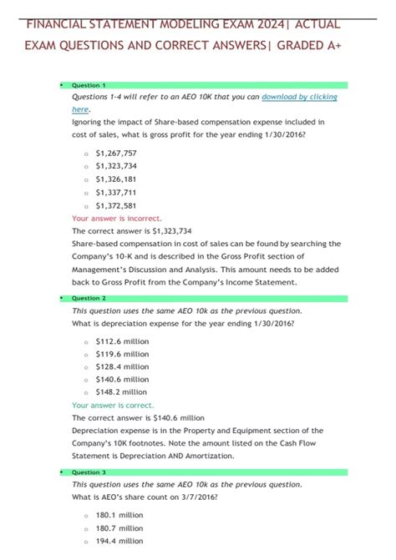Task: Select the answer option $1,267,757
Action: point(116,154)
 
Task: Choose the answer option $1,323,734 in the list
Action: point(116,167)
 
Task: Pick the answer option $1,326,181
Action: point(116,179)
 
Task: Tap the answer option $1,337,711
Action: point(116,192)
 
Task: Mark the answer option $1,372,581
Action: point(116,205)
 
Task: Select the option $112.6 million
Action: point(121,341)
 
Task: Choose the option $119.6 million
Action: point(121,354)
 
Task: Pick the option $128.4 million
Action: point(121,366)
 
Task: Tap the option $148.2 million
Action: point(121,391)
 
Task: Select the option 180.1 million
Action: point(119,515)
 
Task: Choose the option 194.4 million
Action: point(119,541)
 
